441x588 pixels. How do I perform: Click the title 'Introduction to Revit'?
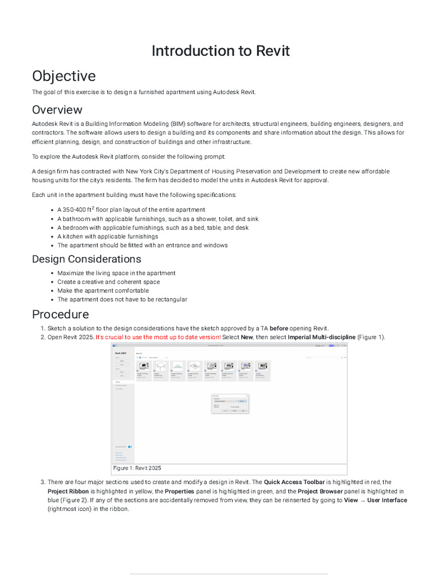[220, 51]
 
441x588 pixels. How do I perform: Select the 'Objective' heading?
[64, 76]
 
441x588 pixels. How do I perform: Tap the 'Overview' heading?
[57, 110]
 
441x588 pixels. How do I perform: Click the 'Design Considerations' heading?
[86, 259]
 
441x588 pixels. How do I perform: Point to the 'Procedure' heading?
[60, 314]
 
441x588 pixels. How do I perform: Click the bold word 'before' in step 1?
[278, 328]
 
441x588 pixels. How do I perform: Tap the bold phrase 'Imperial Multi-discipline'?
[321, 337]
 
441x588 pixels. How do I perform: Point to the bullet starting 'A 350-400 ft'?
[131, 210]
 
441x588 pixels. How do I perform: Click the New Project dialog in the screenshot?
[230, 404]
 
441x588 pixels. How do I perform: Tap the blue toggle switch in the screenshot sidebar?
[130, 446]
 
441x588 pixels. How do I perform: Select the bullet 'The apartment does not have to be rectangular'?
[122, 299]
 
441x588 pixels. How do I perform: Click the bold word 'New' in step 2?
[246, 337]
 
